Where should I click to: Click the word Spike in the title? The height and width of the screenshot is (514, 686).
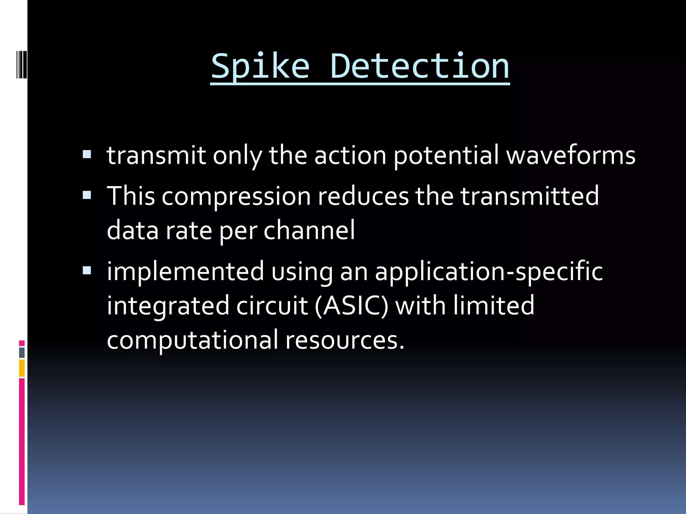click(260, 67)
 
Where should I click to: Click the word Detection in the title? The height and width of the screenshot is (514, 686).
click(419, 67)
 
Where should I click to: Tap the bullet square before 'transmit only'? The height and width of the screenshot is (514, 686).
click(87, 154)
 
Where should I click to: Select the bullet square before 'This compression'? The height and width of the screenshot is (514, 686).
click(87, 195)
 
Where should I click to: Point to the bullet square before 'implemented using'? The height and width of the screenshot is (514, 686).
click(87, 270)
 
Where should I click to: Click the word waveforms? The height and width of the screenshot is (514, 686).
click(570, 156)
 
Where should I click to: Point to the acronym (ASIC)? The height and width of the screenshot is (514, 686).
click(352, 306)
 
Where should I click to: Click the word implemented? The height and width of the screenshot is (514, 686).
click(185, 272)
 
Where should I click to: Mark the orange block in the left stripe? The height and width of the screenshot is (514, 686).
click(22, 368)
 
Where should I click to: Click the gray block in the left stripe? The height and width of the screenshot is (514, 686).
click(22, 353)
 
